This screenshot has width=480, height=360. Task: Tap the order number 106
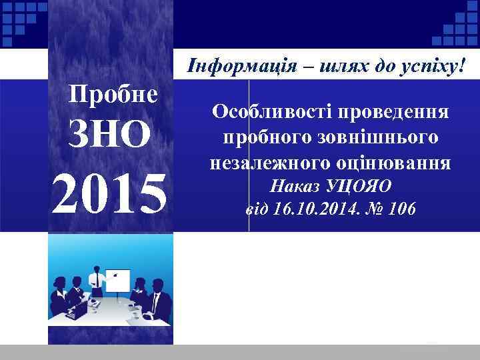coord(401,209)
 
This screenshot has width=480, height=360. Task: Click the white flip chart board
coord(119,284)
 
